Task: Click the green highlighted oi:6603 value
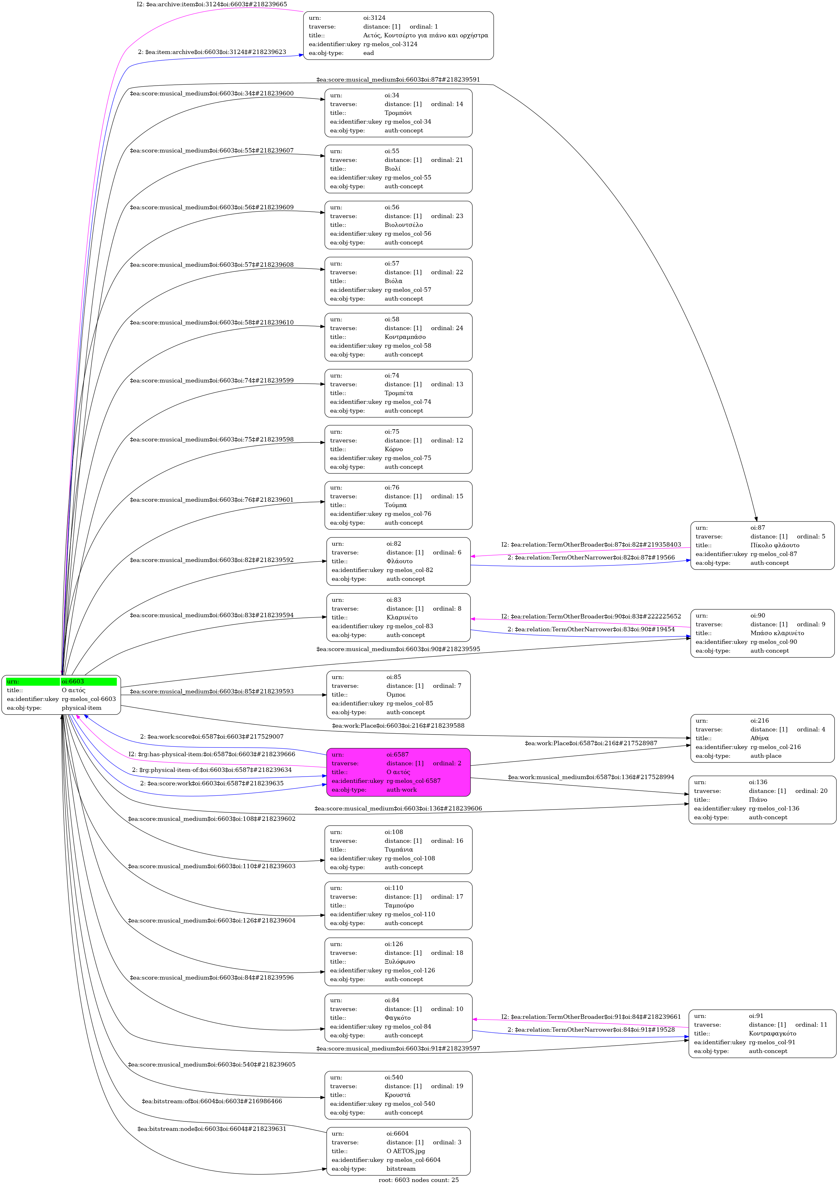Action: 73,682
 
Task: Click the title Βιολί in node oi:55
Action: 392,168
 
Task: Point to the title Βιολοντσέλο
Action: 403,225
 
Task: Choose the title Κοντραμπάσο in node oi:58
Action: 405,337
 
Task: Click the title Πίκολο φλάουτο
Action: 774,545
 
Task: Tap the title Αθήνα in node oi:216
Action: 760,738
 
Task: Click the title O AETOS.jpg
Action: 406,1151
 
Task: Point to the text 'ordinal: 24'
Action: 447,328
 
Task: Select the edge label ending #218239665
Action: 212,4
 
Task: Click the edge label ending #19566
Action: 591,557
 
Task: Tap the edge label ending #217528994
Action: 591,777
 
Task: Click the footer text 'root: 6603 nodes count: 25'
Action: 419,1180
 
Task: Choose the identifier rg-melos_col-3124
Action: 390,44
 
